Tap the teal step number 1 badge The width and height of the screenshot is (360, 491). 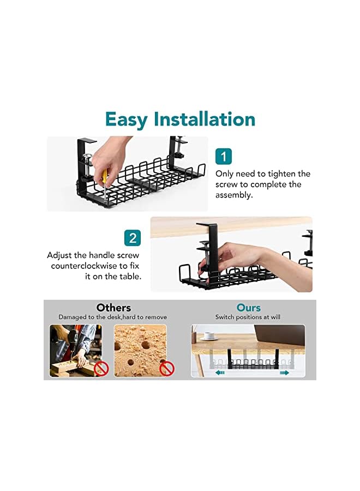pos(224,157)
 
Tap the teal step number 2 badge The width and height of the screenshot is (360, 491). pos(133,238)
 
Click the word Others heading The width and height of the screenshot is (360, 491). pos(113,308)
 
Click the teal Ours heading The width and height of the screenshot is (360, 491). pos(248,308)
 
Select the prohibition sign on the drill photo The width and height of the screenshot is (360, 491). pos(101,369)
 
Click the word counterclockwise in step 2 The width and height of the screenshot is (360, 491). pos(81,266)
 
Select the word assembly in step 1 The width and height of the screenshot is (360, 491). pos(234,195)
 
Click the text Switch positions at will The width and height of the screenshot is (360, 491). pos(248,318)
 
